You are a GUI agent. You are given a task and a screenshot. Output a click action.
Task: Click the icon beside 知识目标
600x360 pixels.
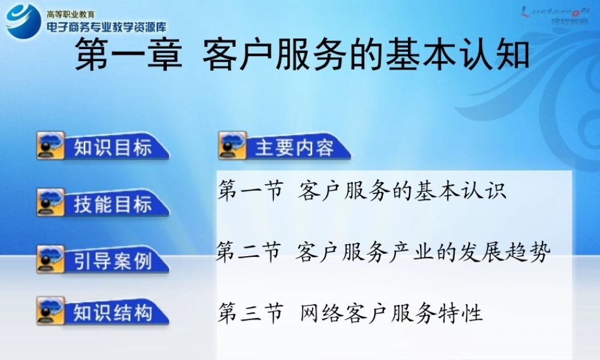50,146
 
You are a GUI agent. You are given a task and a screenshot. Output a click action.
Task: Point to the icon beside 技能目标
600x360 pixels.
50,203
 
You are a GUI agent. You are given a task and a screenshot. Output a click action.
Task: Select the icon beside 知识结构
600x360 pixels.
50,311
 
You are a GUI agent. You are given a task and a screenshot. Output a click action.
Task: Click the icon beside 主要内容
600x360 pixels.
233,146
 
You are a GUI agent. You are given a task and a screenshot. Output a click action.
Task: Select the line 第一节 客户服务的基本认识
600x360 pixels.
362,191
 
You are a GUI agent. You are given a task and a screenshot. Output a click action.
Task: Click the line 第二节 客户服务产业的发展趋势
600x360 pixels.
383,253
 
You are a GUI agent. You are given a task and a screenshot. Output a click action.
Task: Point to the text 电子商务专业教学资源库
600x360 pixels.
106,26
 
